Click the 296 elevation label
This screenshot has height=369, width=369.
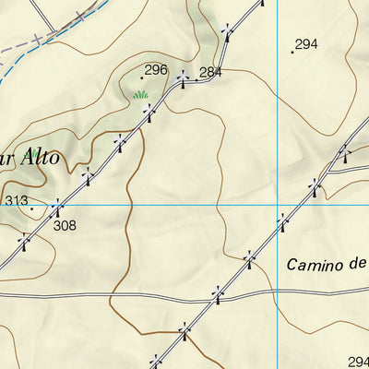pyautogui.click(x=156, y=69)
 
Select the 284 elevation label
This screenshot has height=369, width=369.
pyautogui.click(x=211, y=72)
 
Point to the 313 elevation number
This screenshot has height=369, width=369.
pyautogui.click(x=17, y=200)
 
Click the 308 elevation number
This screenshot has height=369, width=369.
pyautogui.click(x=65, y=224)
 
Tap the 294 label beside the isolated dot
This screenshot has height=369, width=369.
pyautogui.click(x=306, y=43)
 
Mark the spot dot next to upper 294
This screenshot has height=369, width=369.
pyautogui.click(x=292, y=52)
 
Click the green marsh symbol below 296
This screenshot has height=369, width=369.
pyautogui.click(x=140, y=94)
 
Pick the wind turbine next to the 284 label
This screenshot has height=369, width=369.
pyautogui.click(x=183, y=78)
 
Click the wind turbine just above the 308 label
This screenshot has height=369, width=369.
pyautogui.click(x=57, y=207)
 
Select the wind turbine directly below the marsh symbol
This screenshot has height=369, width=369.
pyautogui.click(x=149, y=112)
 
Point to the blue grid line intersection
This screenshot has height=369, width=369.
pyautogui.click(x=278, y=204)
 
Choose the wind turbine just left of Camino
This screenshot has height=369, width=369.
pyautogui.click(x=248, y=258)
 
